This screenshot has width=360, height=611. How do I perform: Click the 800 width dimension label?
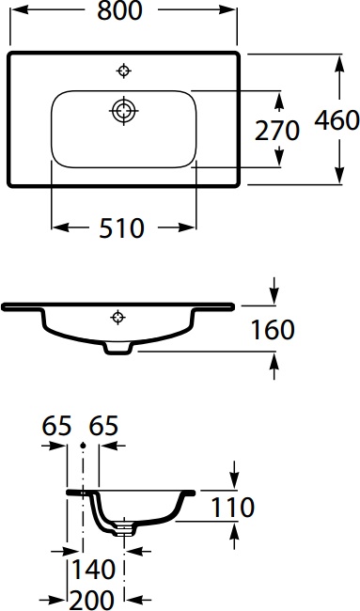point(124,11)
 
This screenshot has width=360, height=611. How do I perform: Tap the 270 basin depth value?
point(277,130)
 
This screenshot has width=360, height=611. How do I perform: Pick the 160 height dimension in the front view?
point(273,330)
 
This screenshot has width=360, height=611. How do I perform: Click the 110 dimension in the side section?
point(233,508)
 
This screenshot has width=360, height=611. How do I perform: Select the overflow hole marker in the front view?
point(117,316)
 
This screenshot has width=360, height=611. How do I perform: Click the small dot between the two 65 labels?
point(84,445)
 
